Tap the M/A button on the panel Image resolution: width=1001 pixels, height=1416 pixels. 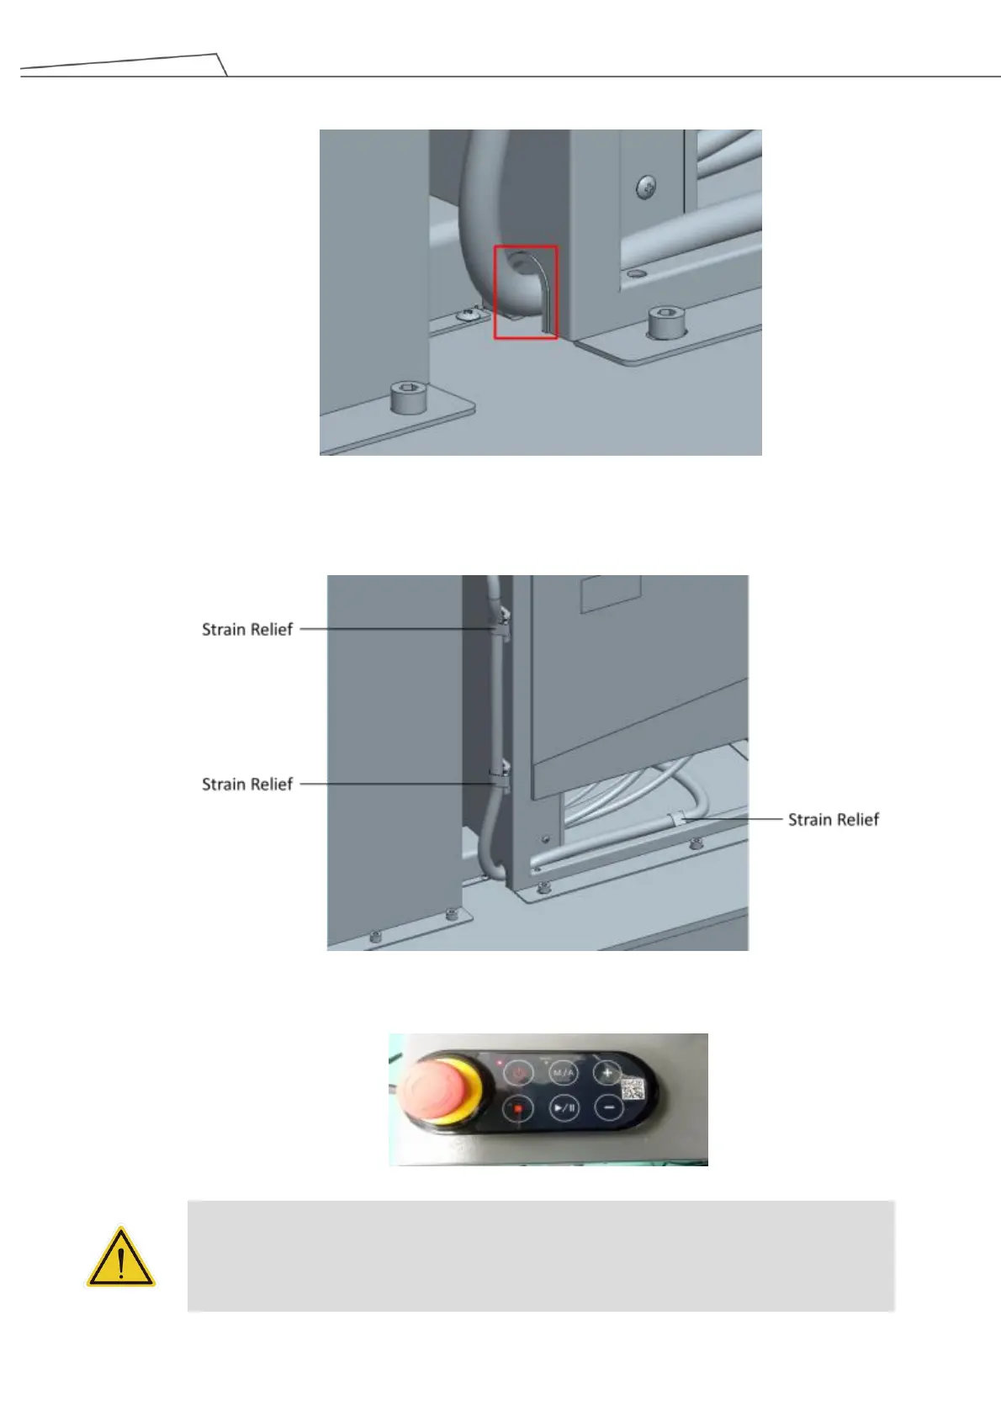point(563,1073)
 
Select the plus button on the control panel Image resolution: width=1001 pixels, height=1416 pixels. point(607,1072)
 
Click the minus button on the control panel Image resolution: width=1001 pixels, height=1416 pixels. point(608,1107)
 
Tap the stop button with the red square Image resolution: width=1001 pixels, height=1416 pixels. point(518,1109)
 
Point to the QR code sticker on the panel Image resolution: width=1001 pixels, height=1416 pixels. point(633,1089)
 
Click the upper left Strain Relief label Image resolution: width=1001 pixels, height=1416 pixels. point(246,629)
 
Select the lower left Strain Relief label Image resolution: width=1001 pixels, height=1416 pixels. point(246,784)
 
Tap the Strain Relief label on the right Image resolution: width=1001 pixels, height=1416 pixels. point(833,819)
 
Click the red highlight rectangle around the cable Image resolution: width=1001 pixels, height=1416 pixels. point(525,292)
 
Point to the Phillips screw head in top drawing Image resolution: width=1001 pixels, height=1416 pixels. point(646,187)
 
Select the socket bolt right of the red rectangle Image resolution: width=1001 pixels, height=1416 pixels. point(663,322)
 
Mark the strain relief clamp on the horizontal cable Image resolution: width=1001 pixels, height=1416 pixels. point(676,818)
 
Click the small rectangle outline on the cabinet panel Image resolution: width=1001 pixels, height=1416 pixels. point(611,594)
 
